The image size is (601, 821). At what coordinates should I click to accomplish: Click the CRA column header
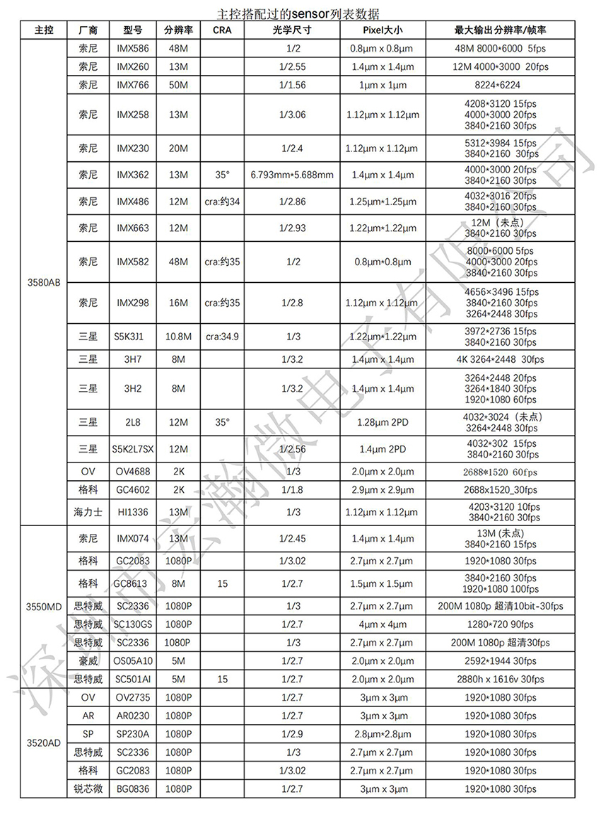click(x=222, y=30)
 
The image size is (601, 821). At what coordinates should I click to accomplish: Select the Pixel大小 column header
click(x=382, y=30)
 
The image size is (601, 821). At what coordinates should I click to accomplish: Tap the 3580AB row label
click(x=43, y=282)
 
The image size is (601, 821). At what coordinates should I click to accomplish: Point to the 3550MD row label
click(x=43, y=606)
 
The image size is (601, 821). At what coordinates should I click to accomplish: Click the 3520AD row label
click(x=43, y=743)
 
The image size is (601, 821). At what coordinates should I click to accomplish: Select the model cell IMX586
click(x=133, y=48)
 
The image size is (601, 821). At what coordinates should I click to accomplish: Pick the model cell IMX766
click(x=133, y=85)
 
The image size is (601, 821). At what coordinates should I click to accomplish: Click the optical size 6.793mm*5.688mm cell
click(x=291, y=174)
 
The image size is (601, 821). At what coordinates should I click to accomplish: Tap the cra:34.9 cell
click(x=222, y=337)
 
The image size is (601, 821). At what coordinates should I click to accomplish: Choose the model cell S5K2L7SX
click(x=133, y=448)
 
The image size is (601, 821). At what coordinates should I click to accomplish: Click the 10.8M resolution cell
click(x=178, y=337)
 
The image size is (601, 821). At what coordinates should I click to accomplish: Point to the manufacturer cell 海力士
click(x=88, y=511)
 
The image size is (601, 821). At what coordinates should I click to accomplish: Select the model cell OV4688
click(x=133, y=472)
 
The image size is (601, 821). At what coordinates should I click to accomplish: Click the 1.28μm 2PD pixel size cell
click(x=382, y=422)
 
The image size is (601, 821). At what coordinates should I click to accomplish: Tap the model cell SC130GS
click(x=133, y=624)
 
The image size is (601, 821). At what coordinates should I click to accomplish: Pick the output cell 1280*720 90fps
click(x=501, y=624)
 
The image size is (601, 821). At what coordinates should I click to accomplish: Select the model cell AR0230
click(x=133, y=716)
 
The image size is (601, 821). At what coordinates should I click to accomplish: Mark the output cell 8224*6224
click(x=501, y=85)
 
